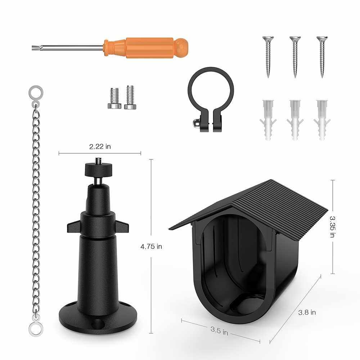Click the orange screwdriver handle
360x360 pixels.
pos(146,48)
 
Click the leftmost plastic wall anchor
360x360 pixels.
pos(268,120)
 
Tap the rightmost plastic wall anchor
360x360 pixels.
pos(322,120)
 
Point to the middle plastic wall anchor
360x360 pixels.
pos(295,120)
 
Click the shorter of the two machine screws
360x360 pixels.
pos(114,98)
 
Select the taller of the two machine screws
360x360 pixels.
pos(130,97)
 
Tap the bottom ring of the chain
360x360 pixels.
pos(36,329)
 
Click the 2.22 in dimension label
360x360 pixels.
pos(100,147)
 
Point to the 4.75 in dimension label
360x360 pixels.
pos(151,247)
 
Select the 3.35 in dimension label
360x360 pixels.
pos(332,226)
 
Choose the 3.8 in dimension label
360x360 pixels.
pos(307,312)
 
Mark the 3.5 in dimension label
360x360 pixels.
pos(219,331)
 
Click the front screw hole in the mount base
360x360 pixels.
pos(98,324)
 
